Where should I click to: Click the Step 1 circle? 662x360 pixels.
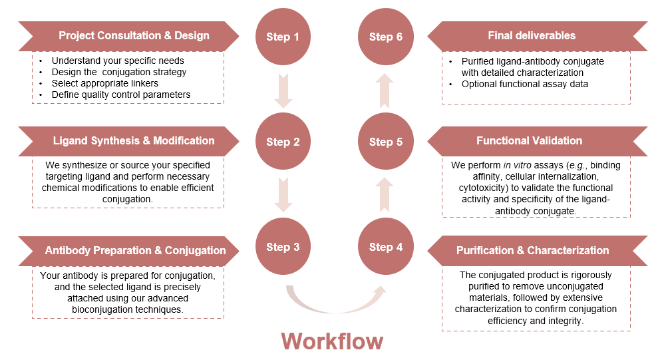point(283,37)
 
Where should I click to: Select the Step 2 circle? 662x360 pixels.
point(283,142)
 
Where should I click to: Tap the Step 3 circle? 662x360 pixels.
point(283,247)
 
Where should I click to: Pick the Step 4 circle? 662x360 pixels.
point(386,247)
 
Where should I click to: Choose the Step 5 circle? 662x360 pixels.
point(386,142)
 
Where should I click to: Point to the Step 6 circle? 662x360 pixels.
point(386,37)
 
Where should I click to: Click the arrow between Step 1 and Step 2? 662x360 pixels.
point(283,90)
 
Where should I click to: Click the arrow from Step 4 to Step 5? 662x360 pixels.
point(386,195)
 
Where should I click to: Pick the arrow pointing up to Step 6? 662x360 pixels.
point(386,90)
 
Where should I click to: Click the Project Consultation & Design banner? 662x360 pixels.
point(130,36)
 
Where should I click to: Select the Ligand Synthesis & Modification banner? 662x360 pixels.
point(130,141)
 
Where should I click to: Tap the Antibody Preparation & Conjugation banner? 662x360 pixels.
point(130,251)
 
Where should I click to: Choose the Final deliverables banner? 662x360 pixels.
point(536,36)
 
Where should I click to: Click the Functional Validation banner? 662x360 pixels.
point(536,141)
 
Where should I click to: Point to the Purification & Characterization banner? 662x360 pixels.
point(536,251)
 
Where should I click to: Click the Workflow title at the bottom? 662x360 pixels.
point(332,341)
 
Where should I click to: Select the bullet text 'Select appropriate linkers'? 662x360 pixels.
point(105,83)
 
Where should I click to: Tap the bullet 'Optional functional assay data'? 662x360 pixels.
point(525,84)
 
